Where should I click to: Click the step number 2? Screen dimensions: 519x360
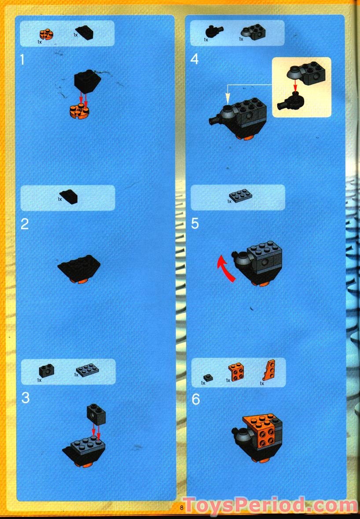click(x=25, y=224)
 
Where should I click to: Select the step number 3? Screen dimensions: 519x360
click(x=25, y=398)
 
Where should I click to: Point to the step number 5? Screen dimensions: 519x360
click(x=195, y=224)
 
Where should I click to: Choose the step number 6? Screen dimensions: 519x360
click(x=195, y=399)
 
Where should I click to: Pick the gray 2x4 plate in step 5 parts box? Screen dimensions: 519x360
click(x=241, y=194)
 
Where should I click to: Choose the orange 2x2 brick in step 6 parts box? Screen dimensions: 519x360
click(x=236, y=372)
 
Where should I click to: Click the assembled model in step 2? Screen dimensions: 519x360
click(x=79, y=268)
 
